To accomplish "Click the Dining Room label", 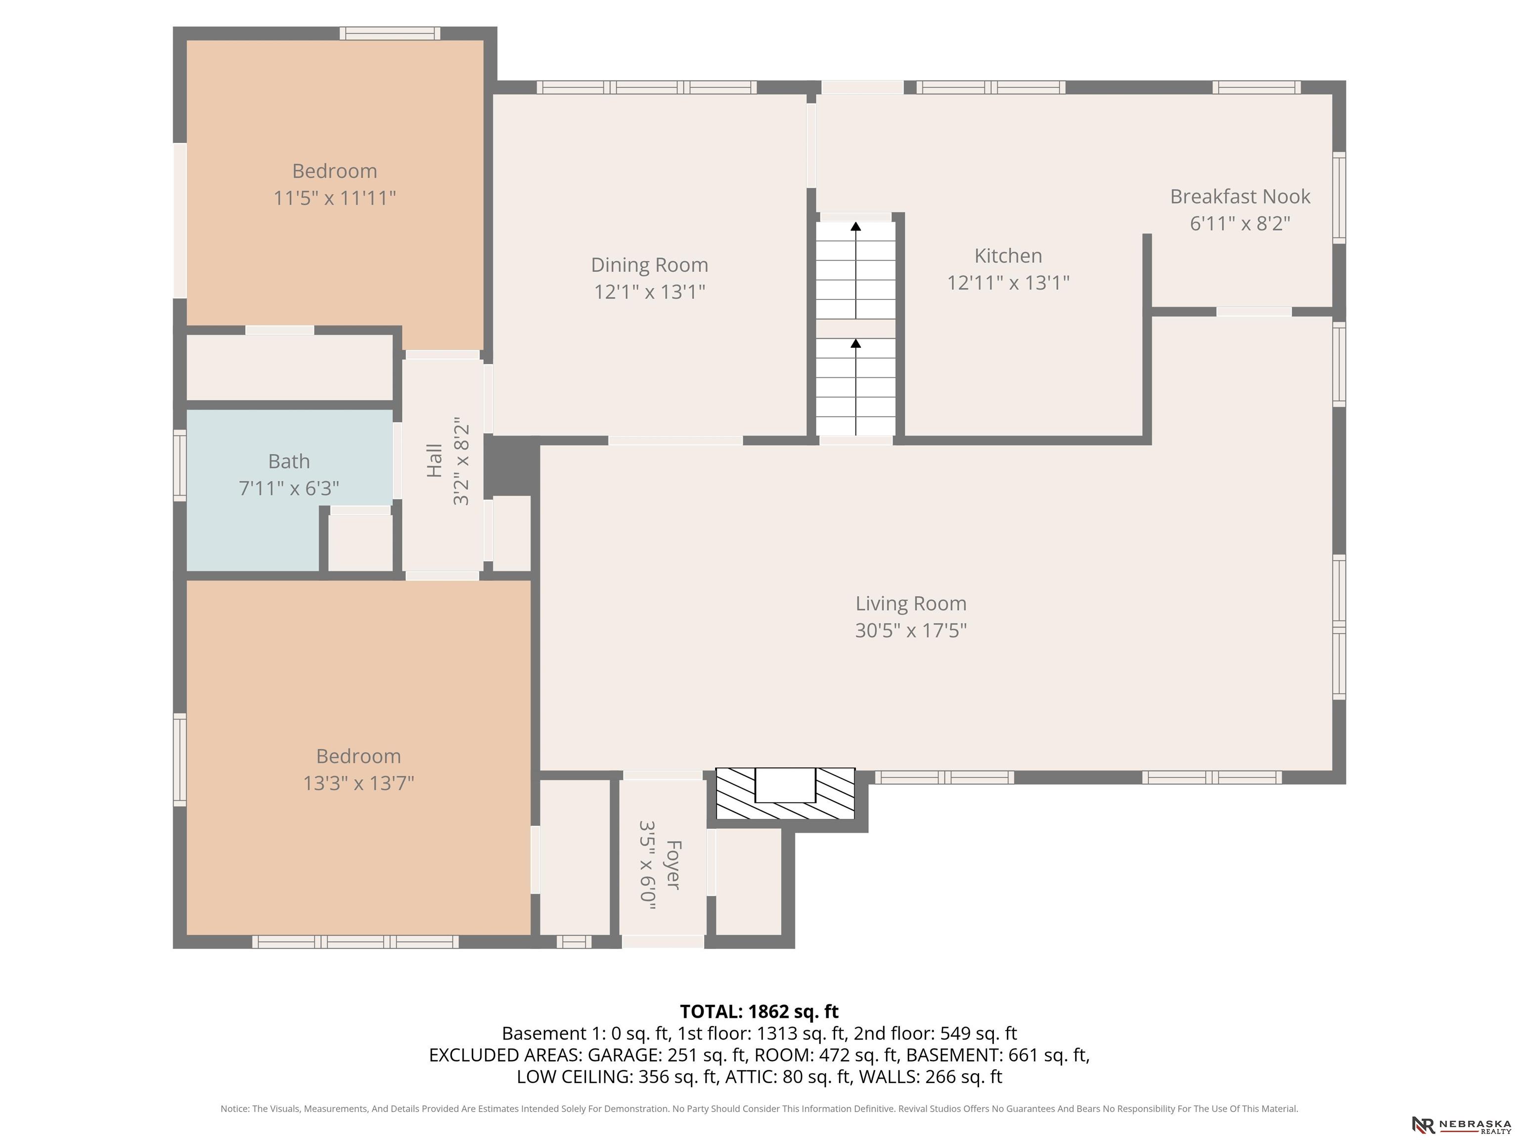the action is (x=650, y=265).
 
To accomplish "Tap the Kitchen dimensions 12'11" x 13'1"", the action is (x=1008, y=283).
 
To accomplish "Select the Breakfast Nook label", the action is (x=1240, y=196).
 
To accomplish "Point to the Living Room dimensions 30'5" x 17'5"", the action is (x=911, y=630).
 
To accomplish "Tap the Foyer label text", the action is (x=673, y=864).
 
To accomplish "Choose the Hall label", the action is (x=434, y=460).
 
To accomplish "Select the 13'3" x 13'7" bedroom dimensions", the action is (x=358, y=783).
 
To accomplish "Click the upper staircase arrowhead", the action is (x=855, y=226).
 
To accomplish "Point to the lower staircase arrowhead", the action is (x=855, y=343).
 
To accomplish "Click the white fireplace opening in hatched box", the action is (x=785, y=785).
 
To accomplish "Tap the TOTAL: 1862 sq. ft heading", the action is (x=759, y=1011).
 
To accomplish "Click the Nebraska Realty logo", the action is (x=1461, y=1124).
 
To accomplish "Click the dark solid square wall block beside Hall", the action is (x=512, y=465).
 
